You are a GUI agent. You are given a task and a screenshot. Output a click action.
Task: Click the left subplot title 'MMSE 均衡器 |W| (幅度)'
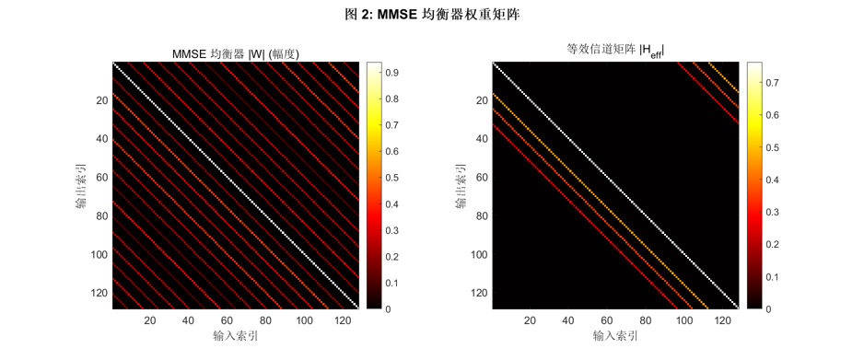pos(236,53)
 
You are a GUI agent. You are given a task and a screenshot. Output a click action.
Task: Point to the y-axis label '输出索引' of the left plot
pos(83,186)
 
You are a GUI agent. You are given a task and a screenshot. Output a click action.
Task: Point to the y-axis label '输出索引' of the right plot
pos(462,186)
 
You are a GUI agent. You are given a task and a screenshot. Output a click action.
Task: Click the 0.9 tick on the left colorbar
pos(392,72)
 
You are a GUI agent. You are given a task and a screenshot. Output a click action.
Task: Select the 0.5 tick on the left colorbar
pos(392,178)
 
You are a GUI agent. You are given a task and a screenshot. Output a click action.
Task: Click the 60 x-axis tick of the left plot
pos(227,320)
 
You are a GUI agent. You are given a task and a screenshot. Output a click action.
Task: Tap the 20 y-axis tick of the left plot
pos(101,100)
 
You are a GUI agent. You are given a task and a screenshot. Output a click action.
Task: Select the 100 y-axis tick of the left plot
pos(99,254)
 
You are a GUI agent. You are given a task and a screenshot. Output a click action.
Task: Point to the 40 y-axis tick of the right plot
pos(481,139)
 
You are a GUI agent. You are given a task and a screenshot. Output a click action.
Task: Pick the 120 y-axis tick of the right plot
pos(478,293)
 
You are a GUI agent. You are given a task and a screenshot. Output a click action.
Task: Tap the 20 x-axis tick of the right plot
pos(530,320)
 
